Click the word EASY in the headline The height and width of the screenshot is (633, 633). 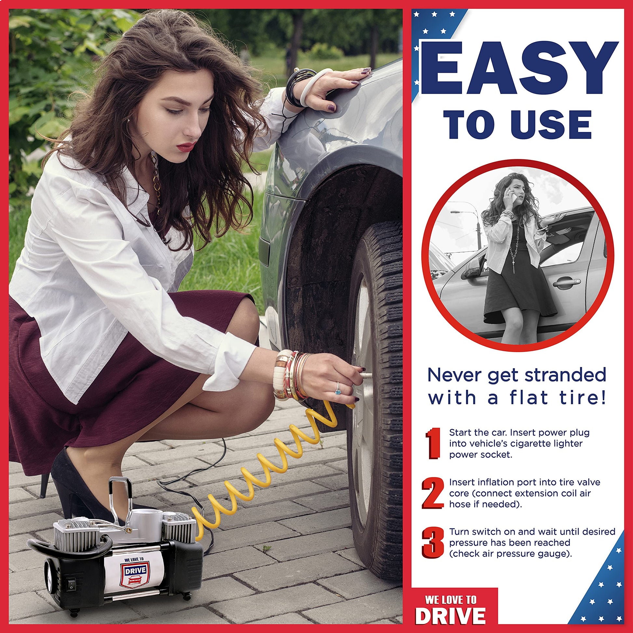(x=519, y=68)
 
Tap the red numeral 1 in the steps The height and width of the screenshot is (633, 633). (x=433, y=443)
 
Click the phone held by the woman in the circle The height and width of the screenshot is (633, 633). (x=515, y=197)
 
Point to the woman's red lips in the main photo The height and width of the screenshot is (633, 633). (x=186, y=146)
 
